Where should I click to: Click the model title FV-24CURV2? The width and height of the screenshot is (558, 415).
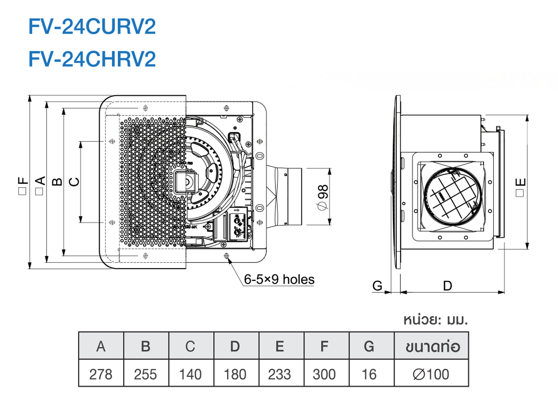[92, 26]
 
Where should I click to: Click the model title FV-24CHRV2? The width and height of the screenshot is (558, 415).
[92, 59]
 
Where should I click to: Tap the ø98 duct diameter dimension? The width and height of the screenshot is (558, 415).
[323, 197]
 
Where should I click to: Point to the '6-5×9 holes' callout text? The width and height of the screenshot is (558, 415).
[279, 280]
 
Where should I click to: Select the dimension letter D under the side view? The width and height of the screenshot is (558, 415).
[447, 286]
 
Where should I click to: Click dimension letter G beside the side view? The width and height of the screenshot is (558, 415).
[377, 286]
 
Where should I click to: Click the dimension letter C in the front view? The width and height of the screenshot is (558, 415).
[74, 182]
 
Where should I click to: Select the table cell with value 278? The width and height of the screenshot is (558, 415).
[101, 374]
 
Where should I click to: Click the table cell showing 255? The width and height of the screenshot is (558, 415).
[146, 374]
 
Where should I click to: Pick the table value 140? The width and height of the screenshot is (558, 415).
[190, 374]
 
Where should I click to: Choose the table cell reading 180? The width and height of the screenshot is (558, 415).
[235, 374]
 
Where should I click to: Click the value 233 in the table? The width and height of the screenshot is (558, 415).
[280, 374]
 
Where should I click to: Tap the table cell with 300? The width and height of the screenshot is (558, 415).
[324, 374]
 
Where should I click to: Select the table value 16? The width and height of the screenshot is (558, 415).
[369, 374]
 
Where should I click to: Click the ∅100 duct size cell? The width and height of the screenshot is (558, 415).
[431, 374]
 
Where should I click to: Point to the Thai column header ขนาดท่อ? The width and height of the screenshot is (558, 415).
[433, 347]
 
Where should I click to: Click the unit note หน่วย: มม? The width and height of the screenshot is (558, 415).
[435, 320]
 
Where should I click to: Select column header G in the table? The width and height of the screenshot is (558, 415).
[369, 347]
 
